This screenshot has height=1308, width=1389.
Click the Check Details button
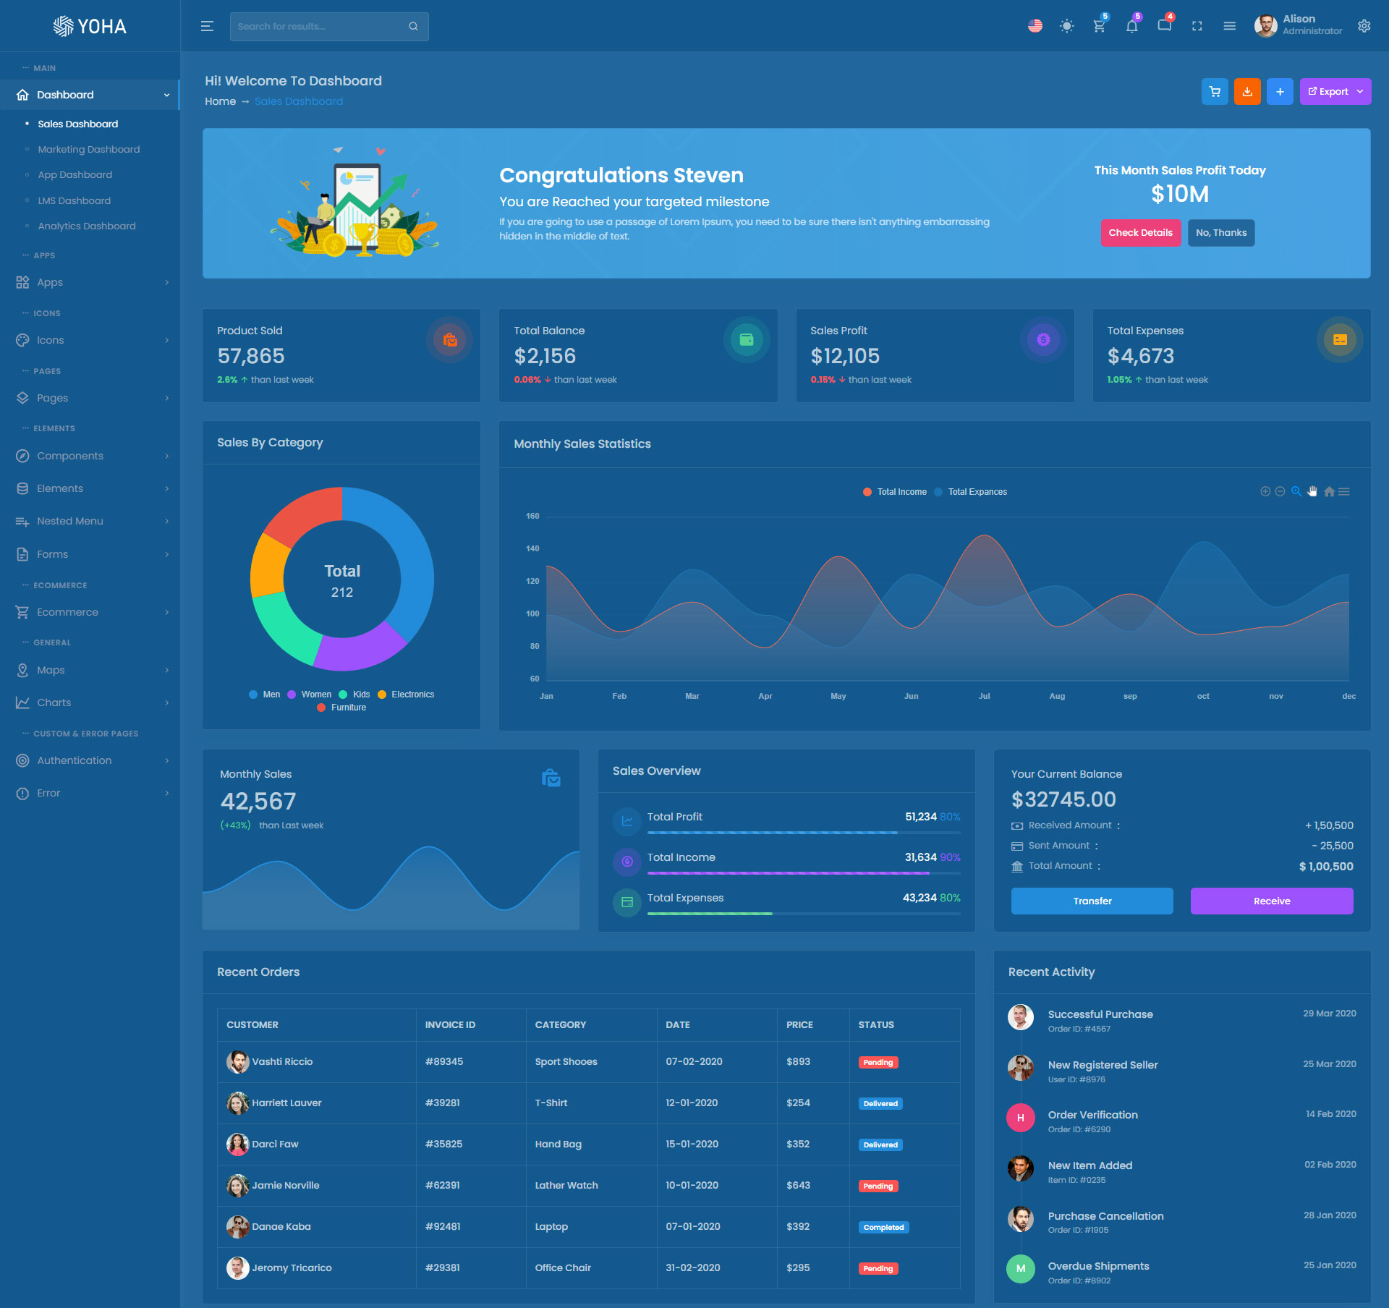tap(1140, 233)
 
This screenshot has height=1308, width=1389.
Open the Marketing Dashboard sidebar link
tap(88, 150)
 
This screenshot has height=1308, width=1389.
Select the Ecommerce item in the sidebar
tap(67, 612)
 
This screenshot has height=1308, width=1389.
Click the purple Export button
tap(1335, 92)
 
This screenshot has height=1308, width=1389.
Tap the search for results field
tap(322, 27)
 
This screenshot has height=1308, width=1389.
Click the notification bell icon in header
tap(1131, 27)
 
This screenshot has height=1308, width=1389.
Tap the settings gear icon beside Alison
tap(1364, 26)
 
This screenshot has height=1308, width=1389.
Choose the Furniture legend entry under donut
tap(348, 708)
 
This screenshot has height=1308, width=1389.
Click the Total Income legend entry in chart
tap(901, 492)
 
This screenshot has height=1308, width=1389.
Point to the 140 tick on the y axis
tap(532, 548)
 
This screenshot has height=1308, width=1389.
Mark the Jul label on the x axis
tap(984, 696)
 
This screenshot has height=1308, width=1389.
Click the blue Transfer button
tap(1092, 901)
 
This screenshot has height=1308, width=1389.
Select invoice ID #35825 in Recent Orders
tap(443, 1144)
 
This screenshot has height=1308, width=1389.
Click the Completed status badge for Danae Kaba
tap(883, 1227)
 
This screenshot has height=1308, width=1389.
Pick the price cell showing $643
tap(798, 1185)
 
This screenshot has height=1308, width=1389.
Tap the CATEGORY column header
tap(560, 1024)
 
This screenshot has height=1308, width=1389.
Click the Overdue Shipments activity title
tap(1098, 1266)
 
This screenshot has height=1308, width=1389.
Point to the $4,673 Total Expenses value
tap(1140, 356)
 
